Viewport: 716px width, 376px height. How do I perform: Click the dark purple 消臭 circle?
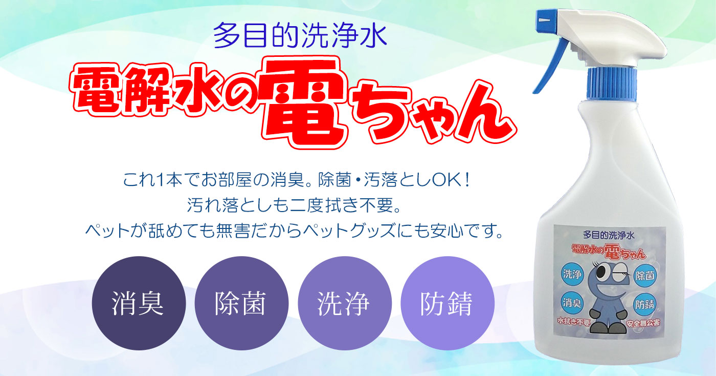click(x=139, y=303)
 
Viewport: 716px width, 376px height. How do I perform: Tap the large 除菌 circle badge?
click(x=241, y=303)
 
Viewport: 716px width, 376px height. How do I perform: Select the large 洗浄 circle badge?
click(x=345, y=303)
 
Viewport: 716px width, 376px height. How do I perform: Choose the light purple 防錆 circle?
click(x=447, y=303)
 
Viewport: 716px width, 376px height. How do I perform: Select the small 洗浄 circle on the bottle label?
click(x=572, y=274)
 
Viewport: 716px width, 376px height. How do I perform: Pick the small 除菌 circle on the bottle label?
click(x=645, y=276)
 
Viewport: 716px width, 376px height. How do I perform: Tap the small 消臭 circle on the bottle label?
click(x=572, y=302)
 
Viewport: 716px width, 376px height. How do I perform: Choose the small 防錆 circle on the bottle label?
click(x=644, y=304)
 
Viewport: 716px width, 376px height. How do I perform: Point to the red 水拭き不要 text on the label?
click(x=573, y=322)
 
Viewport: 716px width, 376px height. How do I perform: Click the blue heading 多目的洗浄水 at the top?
click(x=300, y=35)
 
